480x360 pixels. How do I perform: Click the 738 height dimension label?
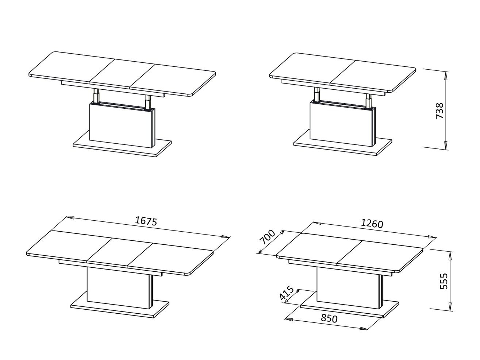[439, 111]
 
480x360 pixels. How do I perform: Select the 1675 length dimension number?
[146, 221]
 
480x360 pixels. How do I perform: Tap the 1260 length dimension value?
[372, 224]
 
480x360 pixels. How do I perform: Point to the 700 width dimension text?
[267, 237]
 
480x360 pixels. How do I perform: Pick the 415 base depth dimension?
[287, 293]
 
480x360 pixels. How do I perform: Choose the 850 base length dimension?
[329, 319]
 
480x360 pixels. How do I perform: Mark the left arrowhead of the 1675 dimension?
[70, 218]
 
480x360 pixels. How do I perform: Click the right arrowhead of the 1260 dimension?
[432, 237]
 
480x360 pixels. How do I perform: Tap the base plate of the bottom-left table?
[120, 305]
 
